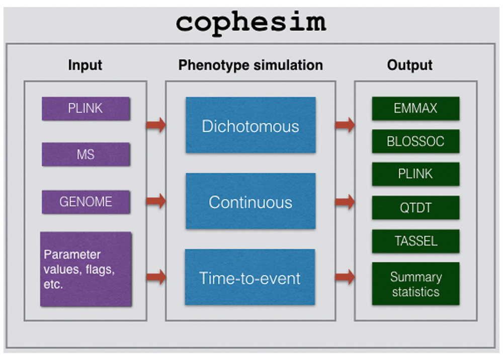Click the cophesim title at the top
[251, 23]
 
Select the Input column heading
[85, 65]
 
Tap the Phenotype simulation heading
[250, 65]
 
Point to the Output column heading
[409, 65]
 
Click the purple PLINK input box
[86, 109]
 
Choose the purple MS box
[86, 154]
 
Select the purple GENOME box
[86, 202]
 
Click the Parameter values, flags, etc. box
[86, 269]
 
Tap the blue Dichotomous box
[250, 125]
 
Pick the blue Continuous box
[250, 201]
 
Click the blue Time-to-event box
[250, 277]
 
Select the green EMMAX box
[416, 109]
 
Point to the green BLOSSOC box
[416, 141]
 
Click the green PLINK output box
[416, 174]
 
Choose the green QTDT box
[416, 208]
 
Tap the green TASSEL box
[416, 241]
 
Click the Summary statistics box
[416, 284]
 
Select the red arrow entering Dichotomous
[156, 125]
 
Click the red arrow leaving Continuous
[345, 202]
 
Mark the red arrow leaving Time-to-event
[345, 277]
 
